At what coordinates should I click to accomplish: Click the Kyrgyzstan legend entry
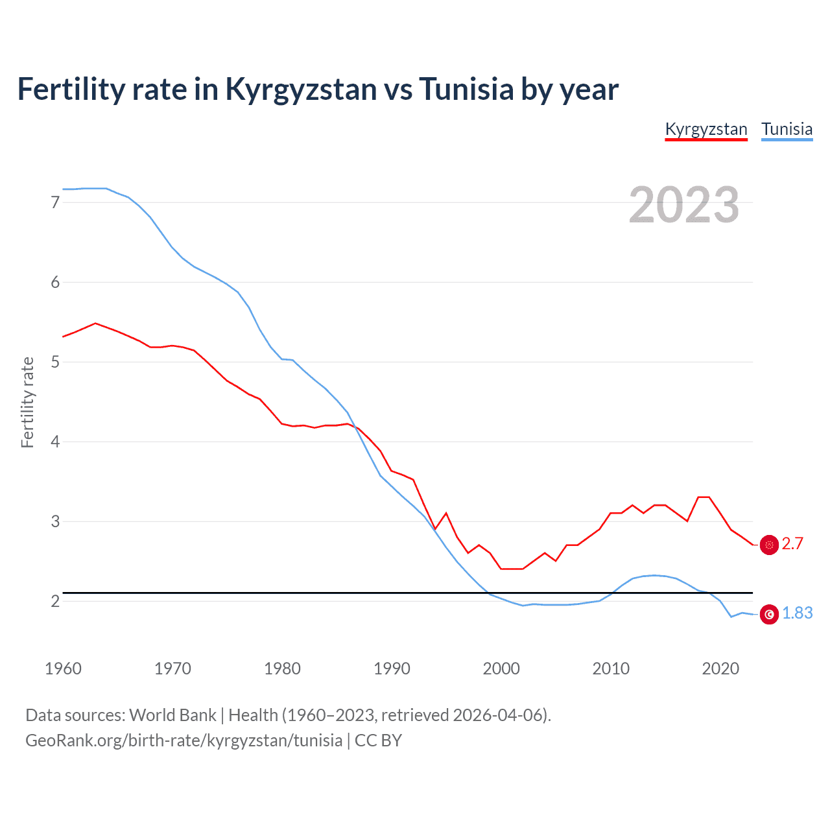coord(706,130)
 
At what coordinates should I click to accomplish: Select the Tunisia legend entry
coord(787,130)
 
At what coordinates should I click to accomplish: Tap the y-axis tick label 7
coord(55,202)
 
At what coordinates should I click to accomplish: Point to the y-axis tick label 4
coord(55,442)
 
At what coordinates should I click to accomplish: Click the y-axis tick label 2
coord(55,601)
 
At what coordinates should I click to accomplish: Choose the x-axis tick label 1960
coord(63,669)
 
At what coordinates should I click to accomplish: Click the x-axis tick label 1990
coord(392,669)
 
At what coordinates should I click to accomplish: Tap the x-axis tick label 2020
coord(720,669)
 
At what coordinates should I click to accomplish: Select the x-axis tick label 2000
coord(501,669)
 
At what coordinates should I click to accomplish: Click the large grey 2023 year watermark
coord(683,205)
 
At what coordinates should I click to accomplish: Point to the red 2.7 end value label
coord(792,544)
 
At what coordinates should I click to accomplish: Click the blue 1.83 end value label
coord(797,613)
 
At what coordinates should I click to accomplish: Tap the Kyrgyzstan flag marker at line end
coord(769,545)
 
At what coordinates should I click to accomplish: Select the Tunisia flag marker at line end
coord(769,614)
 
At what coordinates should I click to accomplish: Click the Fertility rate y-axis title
coord(27,402)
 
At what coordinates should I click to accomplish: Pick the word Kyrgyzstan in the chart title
coord(301,89)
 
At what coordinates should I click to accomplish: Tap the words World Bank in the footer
coord(172,715)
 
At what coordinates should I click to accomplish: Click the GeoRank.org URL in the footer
coord(184,741)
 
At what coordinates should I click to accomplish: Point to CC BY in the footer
coord(378,741)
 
